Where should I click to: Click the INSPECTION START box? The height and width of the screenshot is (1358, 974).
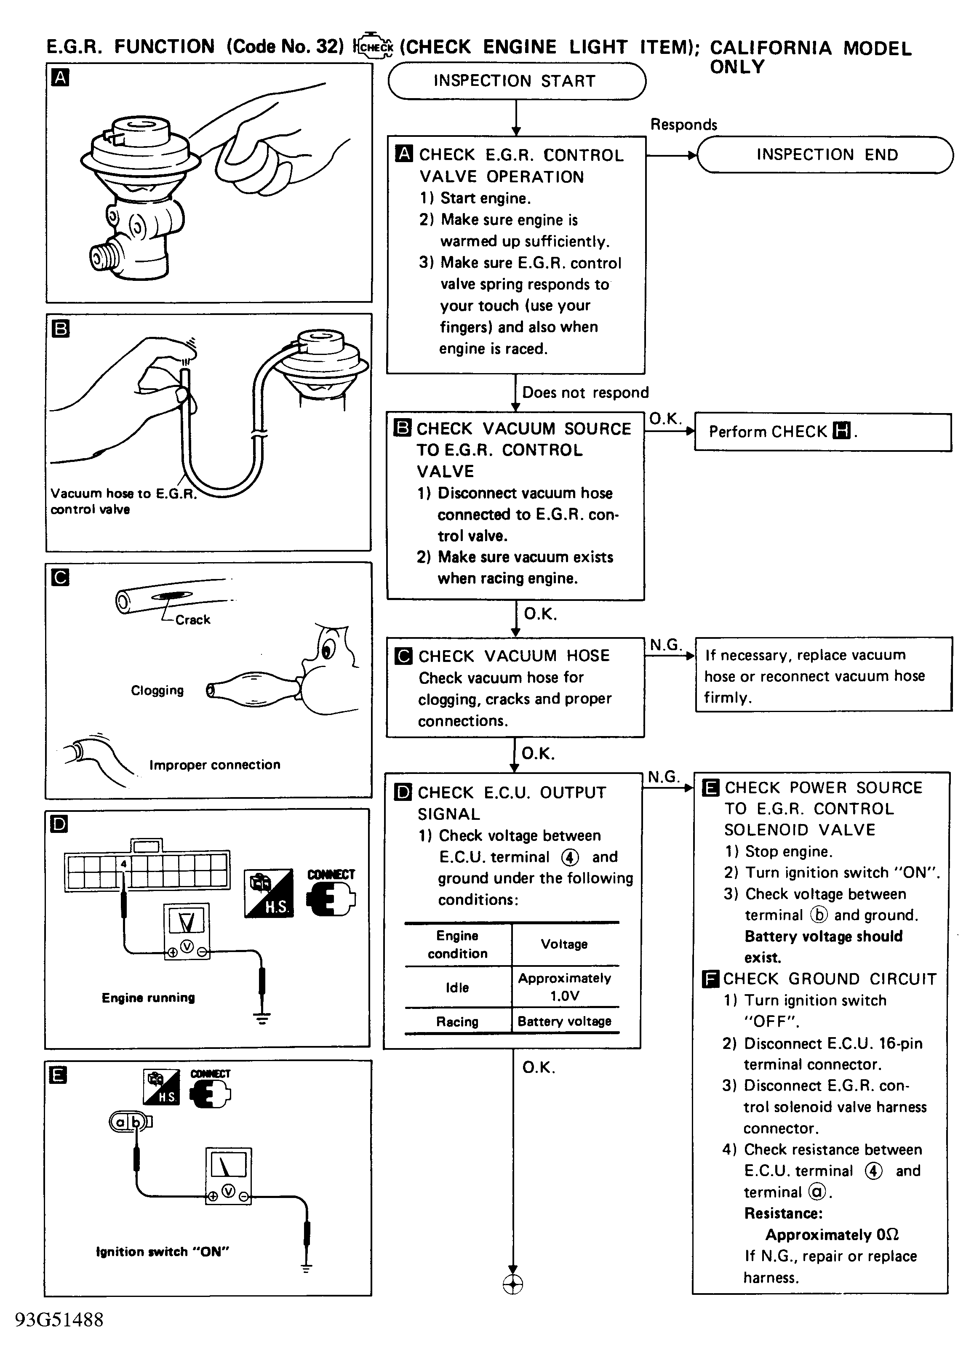coord(516,81)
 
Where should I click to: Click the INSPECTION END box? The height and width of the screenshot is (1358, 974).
coord(826,155)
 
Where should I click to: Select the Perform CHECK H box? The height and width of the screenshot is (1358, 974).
coord(822,432)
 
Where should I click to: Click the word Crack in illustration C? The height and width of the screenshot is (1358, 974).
coord(193,620)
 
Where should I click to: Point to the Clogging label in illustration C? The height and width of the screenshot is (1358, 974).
coord(157,691)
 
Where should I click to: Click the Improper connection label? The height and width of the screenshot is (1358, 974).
coord(214,765)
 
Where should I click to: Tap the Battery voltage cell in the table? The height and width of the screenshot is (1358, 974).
coord(565,1022)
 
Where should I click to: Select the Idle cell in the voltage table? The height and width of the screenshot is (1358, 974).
coord(457,987)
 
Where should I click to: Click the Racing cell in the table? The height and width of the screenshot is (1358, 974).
coord(457,1022)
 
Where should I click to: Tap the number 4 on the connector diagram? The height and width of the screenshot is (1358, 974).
coord(123,863)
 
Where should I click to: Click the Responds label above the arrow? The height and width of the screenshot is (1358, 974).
coord(684,125)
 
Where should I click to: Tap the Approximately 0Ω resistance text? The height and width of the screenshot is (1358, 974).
coord(832,1235)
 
